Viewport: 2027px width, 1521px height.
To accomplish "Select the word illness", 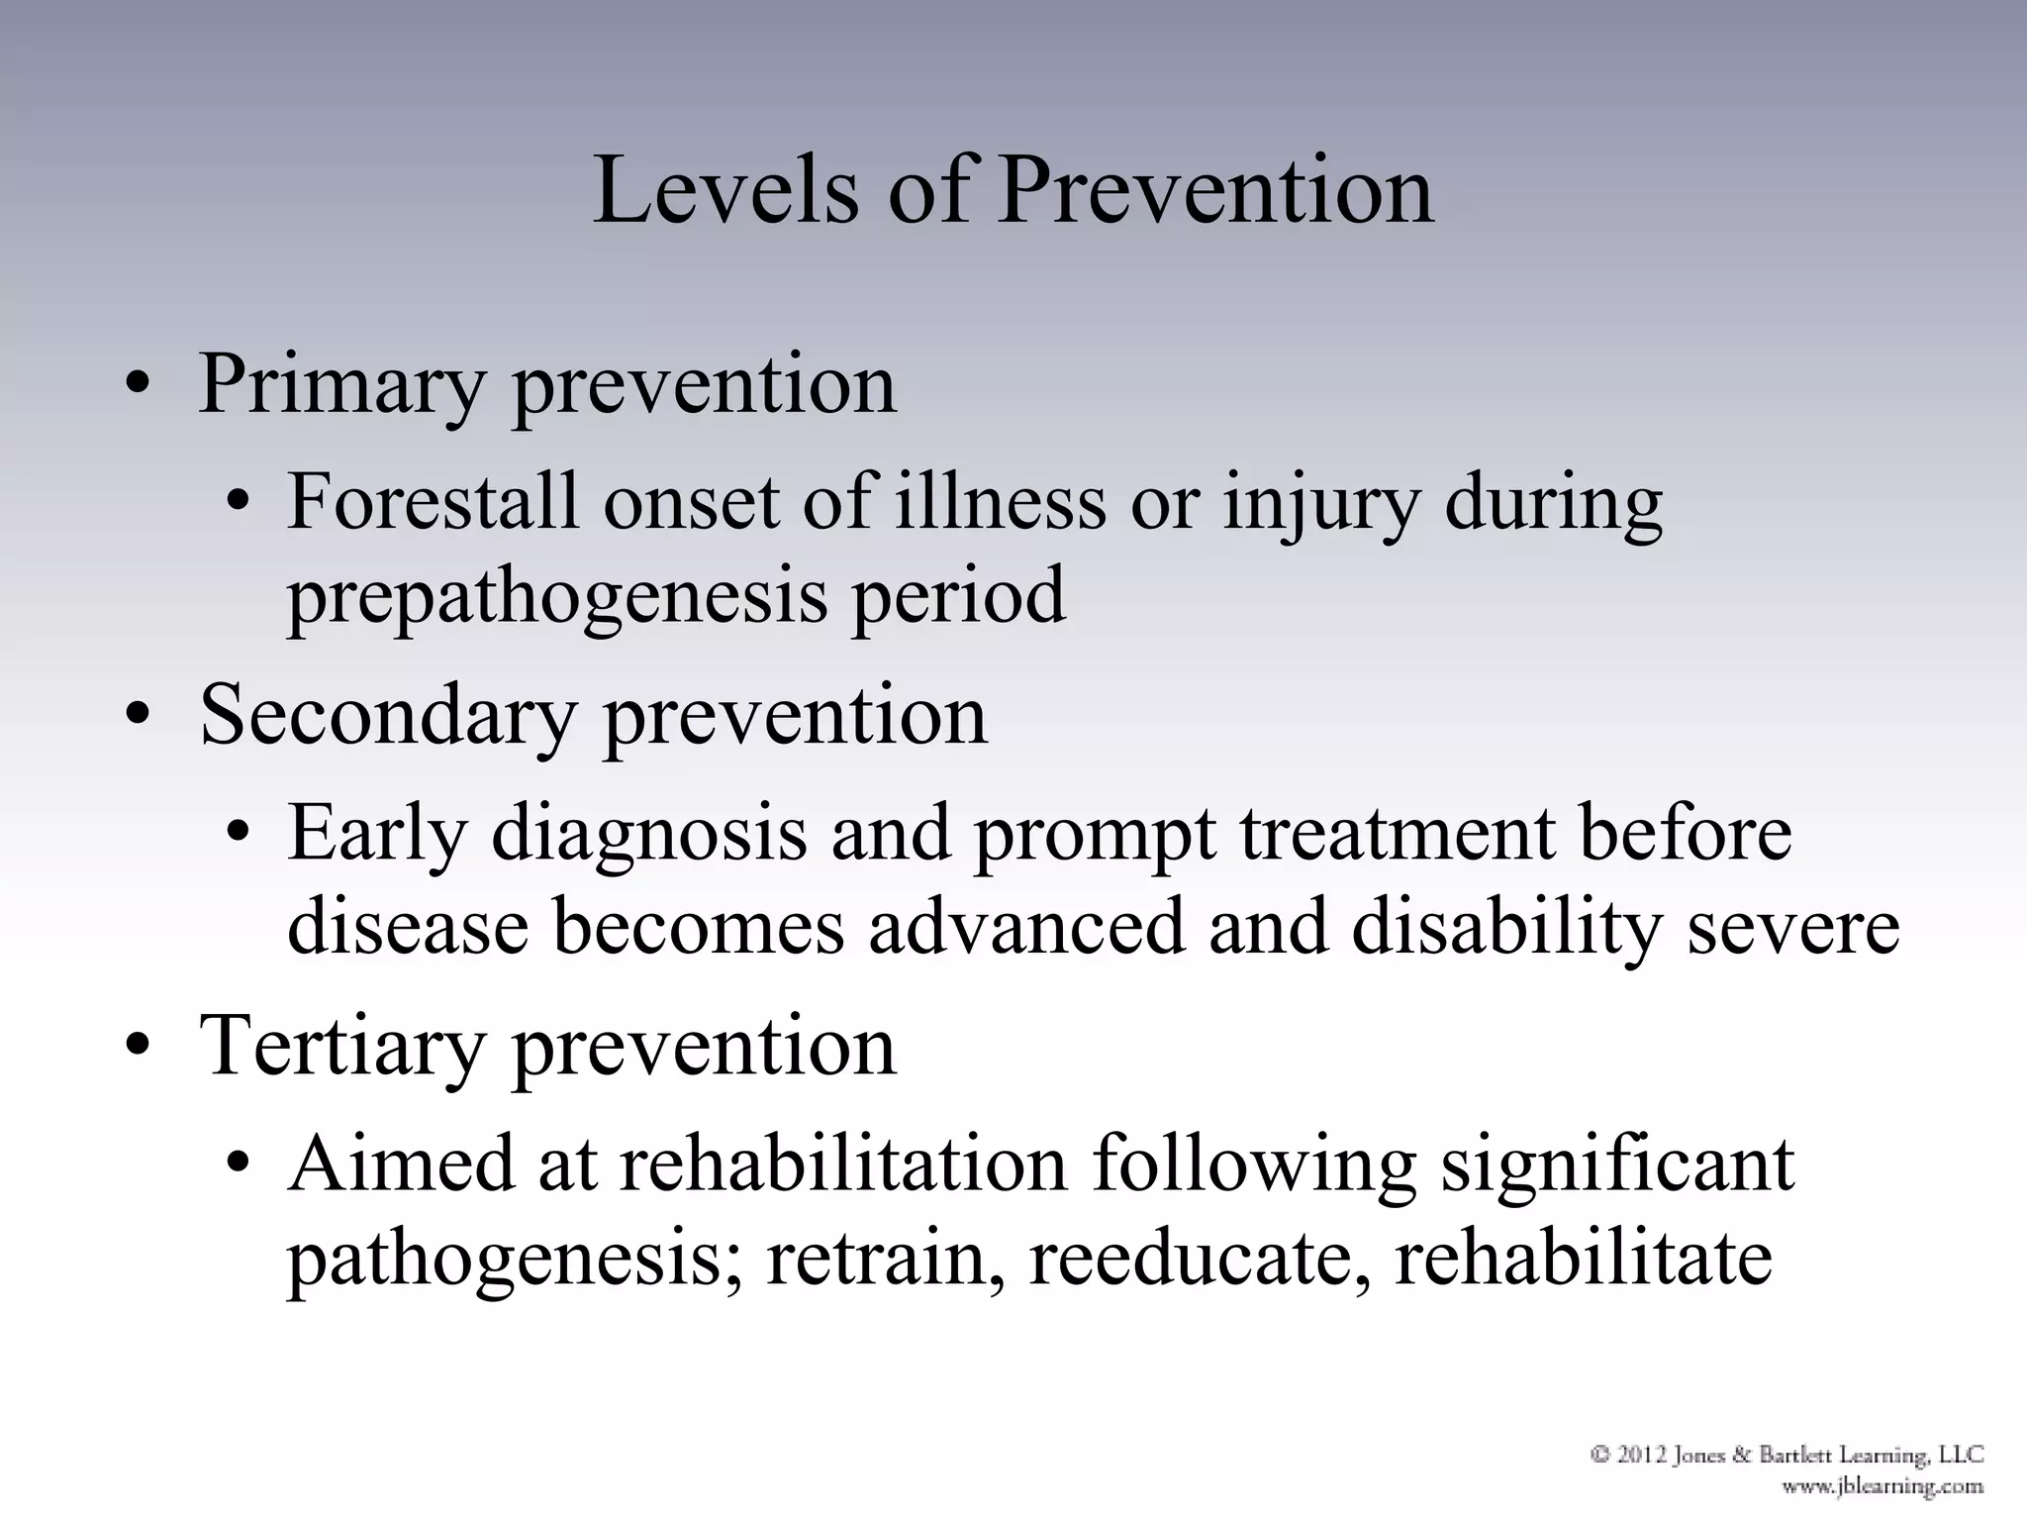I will click(x=1000, y=502).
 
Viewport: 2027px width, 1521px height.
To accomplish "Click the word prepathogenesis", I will click(x=556, y=597).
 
